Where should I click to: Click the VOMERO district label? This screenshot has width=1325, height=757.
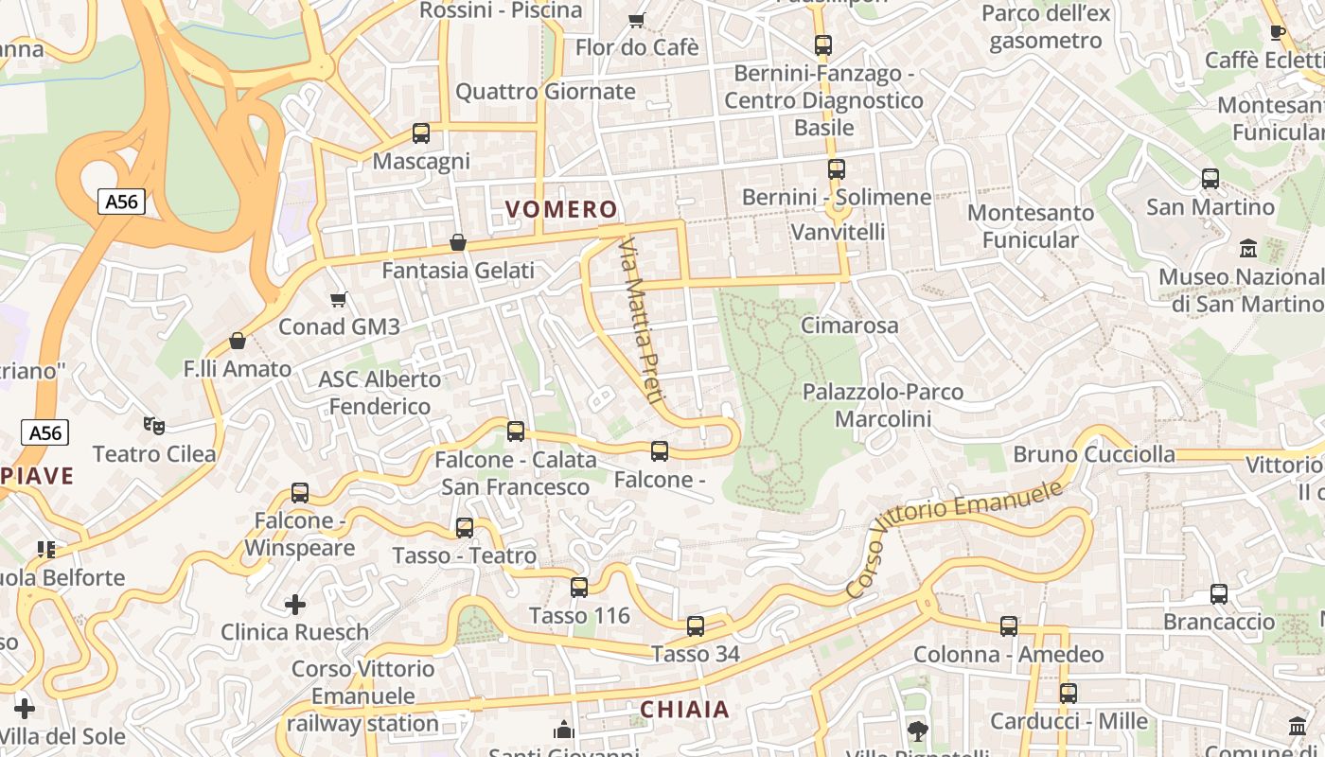click(x=561, y=209)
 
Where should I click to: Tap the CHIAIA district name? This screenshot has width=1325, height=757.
click(x=684, y=709)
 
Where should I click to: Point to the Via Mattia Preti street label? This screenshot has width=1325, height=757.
click(x=639, y=321)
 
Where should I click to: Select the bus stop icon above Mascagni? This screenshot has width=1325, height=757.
click(x=421, y=133)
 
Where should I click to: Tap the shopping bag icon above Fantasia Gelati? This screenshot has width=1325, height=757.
click(x=458, y=242)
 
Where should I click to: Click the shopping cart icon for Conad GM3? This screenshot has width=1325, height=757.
click(x=339, y=300)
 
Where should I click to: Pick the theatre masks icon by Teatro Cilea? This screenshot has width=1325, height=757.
click(x=154, y=426)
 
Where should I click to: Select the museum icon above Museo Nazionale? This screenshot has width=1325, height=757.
click(x=1248, y=249)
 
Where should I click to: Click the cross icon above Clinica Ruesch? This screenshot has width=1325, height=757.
click(x=295, y=604)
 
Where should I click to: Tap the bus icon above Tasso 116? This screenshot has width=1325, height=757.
click(x=579, y=588)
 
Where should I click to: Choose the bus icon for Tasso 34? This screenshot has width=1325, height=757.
click(x=696, y=625)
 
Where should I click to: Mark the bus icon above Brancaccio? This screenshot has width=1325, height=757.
click(x=1219, y=594)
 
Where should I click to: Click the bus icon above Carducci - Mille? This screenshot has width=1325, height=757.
click(x=1069, y=694)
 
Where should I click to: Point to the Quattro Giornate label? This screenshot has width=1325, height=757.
click(x=545, y=92)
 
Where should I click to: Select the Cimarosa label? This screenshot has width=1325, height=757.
click(x=849, y=326)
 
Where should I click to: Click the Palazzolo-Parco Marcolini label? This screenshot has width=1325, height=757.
click(x=883, y=405)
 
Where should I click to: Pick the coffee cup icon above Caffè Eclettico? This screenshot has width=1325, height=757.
click(x=1277, y=32)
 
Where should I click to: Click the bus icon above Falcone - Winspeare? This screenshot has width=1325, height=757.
click(x=300, y=493)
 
